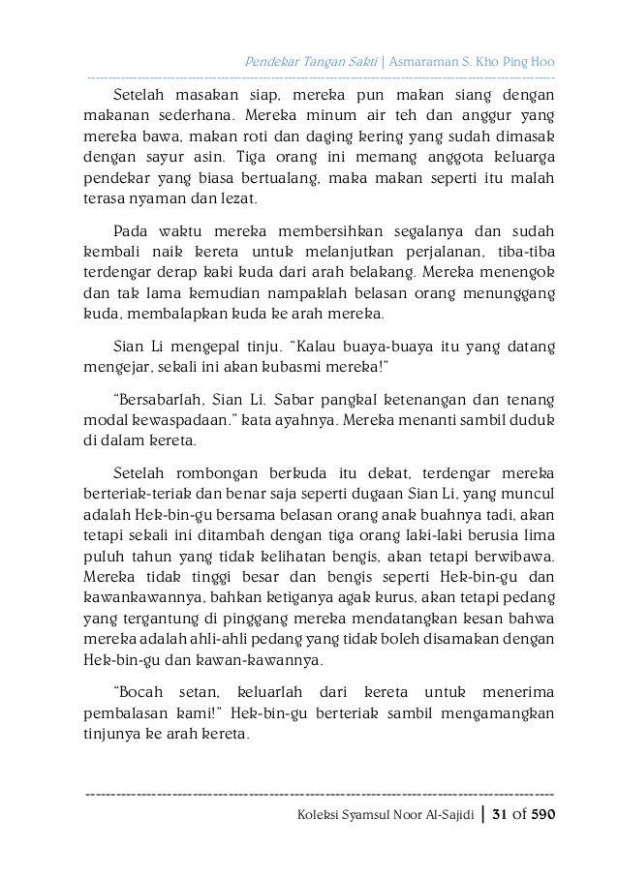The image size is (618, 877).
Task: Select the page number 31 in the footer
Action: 501,814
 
